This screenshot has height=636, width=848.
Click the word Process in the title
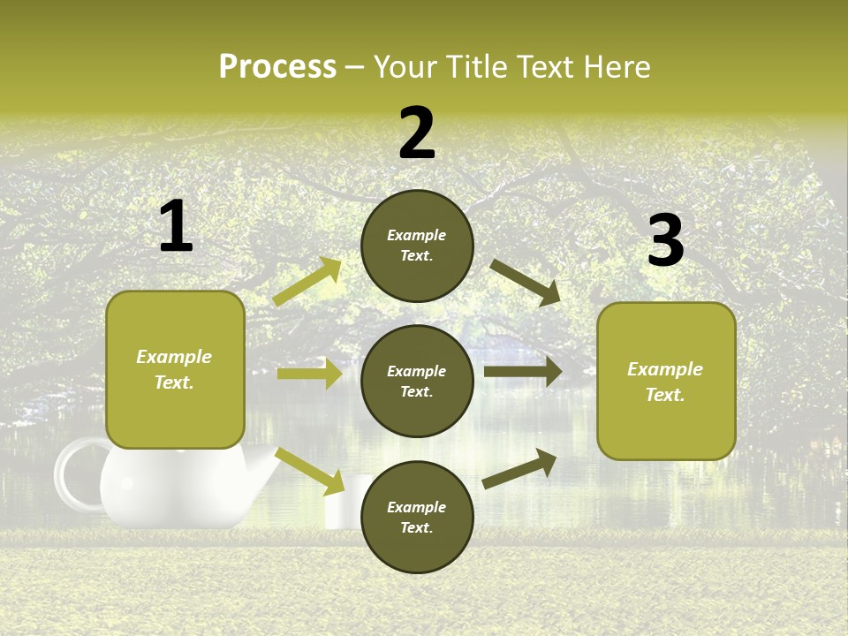point(277,67)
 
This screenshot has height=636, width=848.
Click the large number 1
point(176,227)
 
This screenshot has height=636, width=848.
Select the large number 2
point(417,133)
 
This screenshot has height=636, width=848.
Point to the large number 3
point(665,240)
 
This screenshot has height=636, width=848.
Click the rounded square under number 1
point(175,369)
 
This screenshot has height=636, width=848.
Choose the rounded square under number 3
point(666,382)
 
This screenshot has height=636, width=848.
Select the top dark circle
point(417,246)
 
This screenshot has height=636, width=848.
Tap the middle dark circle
point(417,382)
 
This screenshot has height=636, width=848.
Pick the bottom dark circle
point(417,518)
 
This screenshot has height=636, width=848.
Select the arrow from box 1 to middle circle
point(309,374)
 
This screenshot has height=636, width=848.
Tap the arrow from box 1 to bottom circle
point(310,471)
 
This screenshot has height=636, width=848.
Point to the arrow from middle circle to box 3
point(523,372)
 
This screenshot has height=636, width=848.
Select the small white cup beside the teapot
point(344,503)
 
